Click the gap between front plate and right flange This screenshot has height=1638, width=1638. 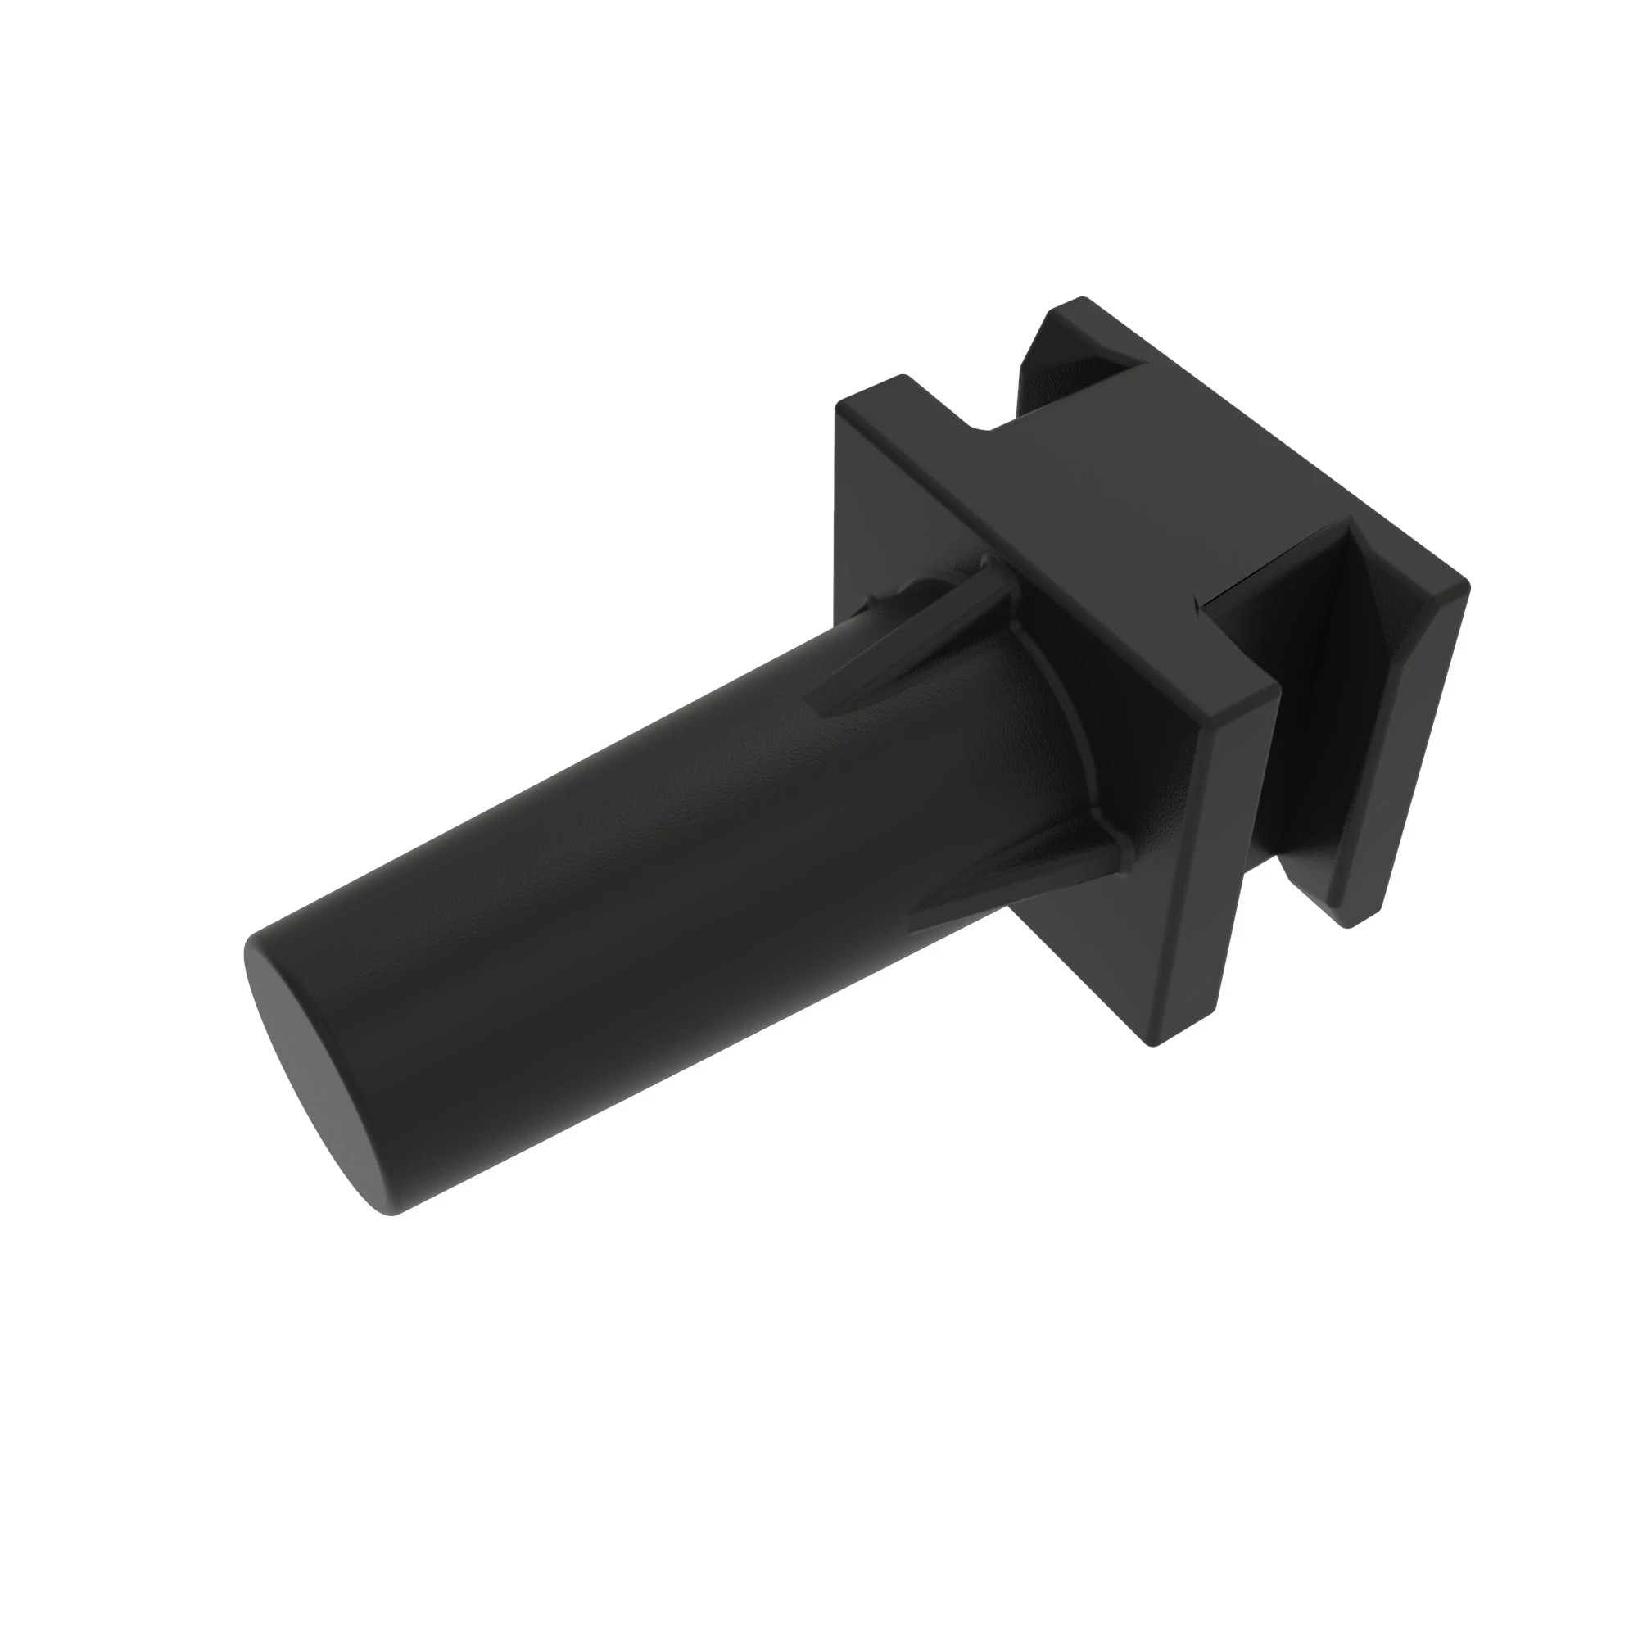pos(1263,848)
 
